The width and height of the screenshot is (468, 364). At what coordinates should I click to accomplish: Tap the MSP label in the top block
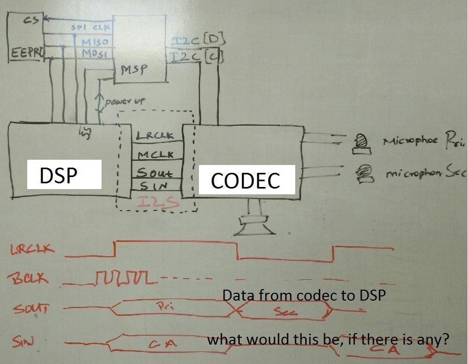coord(134,69)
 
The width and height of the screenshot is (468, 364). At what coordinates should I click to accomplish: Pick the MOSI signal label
coord(94,53)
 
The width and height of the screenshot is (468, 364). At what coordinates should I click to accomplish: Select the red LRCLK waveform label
coord(32,250)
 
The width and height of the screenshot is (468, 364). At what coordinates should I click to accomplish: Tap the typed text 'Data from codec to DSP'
coord(304,295)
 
